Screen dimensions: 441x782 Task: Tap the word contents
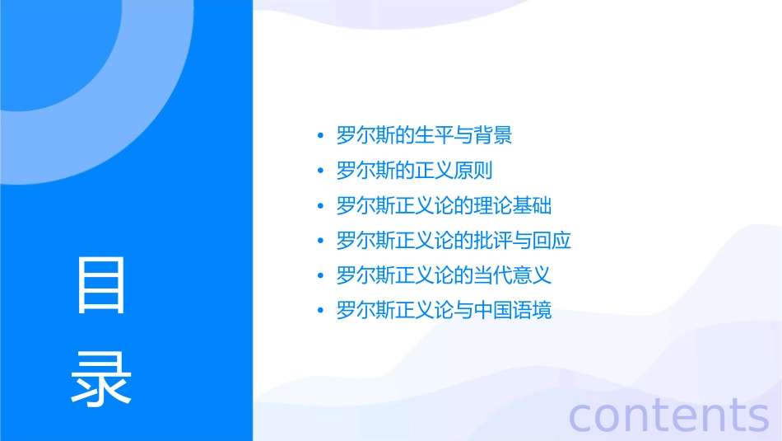668,415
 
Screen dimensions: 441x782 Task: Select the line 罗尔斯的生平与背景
425,136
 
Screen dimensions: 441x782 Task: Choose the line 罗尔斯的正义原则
415,171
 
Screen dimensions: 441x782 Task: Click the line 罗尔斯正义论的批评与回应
454,241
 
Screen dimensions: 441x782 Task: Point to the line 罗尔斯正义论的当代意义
444,275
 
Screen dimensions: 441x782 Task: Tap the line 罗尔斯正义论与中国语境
444,311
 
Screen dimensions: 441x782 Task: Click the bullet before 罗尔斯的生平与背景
320,136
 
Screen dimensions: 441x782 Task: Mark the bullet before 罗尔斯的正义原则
320,171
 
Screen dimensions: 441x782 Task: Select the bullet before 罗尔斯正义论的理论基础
320,206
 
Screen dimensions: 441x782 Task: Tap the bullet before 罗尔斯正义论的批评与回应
320,241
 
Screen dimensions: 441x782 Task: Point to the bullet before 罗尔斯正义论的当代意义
320,275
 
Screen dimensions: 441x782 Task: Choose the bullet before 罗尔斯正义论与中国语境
320,311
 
